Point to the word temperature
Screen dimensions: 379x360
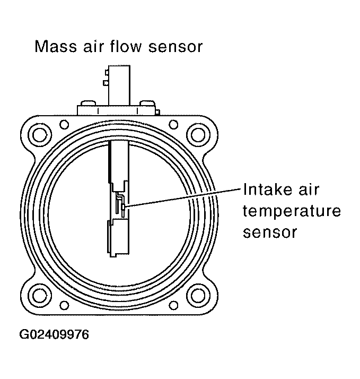[291, 211]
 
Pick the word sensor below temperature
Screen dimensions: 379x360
[269, 232]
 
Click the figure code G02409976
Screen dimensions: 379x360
[55, 335]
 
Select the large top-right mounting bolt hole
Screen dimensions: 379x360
[198, 133]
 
